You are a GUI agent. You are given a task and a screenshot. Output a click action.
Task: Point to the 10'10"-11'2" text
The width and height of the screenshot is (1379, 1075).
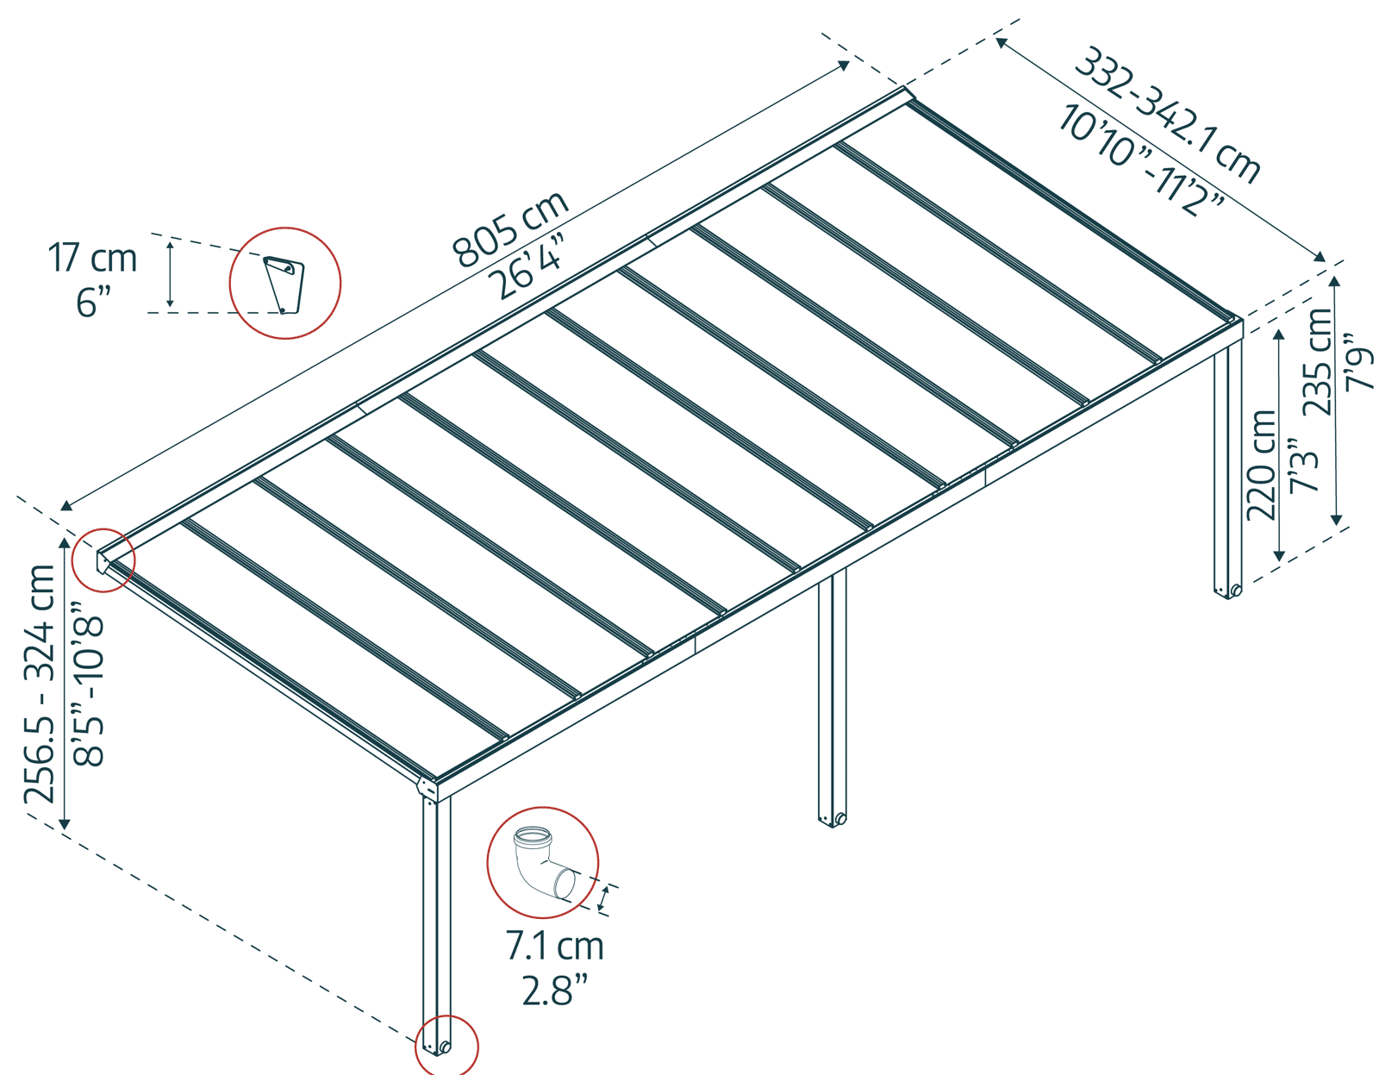[1142, 160]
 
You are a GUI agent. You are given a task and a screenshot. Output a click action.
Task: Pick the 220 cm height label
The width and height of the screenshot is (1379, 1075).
[1262, 466]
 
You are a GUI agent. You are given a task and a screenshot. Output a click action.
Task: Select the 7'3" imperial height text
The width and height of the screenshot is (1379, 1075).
[1304, 466]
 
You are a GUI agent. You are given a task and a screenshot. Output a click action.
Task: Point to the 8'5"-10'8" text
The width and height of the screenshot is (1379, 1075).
[89, 681]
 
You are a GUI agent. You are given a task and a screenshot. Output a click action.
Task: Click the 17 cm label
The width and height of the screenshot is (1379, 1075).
[92, 259]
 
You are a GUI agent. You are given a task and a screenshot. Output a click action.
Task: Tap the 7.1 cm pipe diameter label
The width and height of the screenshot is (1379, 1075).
[554, 947]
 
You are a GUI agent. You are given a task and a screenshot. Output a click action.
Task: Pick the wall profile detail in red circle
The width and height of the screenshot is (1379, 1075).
[284, 283]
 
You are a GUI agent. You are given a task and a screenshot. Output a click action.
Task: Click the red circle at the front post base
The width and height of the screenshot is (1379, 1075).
[446, 1046]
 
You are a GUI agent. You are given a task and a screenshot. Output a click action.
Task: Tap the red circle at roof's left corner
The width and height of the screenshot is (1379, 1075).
[103, 560]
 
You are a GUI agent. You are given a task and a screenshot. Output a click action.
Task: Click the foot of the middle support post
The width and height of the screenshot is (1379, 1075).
[833, 818]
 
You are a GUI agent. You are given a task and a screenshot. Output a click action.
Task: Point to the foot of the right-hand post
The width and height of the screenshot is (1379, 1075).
[1228, 591]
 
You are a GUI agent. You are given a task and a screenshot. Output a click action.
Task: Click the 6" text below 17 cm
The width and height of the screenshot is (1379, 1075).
[94, 303]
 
